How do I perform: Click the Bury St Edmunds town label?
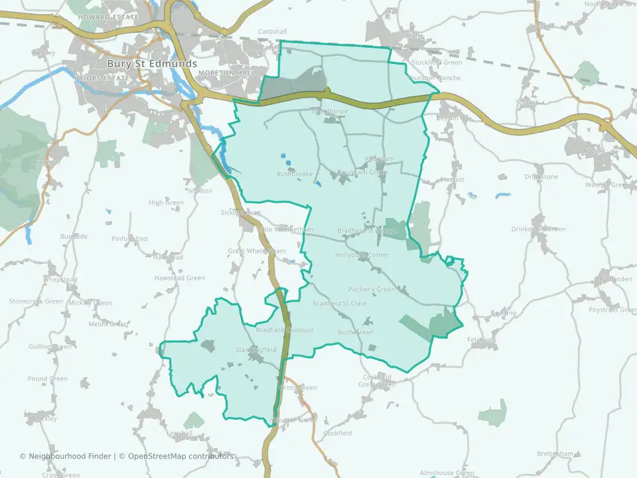click(x=152, y=64)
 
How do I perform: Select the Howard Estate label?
click(x=108, y=17)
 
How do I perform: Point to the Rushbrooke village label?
click(x=295, y=175)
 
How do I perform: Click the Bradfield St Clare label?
click(x=339, y=303)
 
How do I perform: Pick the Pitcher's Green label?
click(x=371, y=289)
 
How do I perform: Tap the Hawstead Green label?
click(x=180, y=278)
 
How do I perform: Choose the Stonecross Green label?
click(x=36, y=301)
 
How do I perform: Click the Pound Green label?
click(x=48, y=379)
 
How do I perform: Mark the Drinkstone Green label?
click(x=538, y=229)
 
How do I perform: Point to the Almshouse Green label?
click(x=447, y=473)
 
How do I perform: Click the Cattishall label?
click(x=272, y=31)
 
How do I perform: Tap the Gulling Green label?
click(x=50, y=347)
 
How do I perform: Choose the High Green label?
click(x=166, y=202)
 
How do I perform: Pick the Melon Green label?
click(x=108, y=324)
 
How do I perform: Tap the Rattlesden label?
click(x=614, y=279)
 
